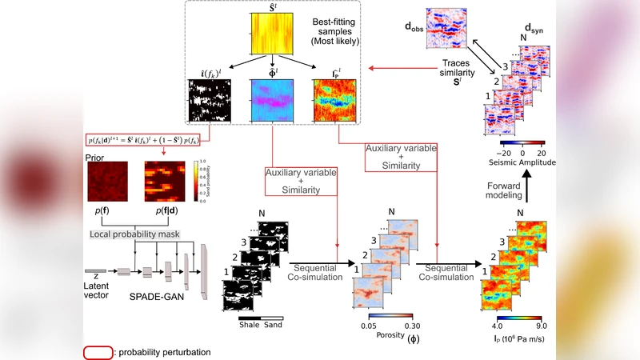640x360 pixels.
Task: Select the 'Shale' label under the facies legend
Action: (248, 325)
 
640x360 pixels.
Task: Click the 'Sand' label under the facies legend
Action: (273, 325)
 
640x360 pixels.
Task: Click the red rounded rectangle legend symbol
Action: (98, 352)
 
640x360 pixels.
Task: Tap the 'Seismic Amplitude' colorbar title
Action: (522, 162)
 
